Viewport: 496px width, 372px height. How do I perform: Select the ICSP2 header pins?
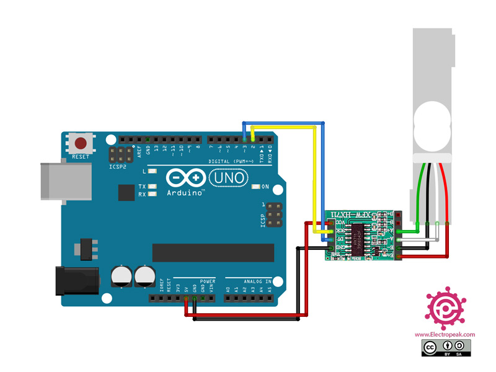(120, 155)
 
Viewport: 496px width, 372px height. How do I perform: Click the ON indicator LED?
(256, 186)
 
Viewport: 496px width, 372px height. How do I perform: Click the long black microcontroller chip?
(213, 252)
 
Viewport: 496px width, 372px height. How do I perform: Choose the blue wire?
(324, 174)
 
